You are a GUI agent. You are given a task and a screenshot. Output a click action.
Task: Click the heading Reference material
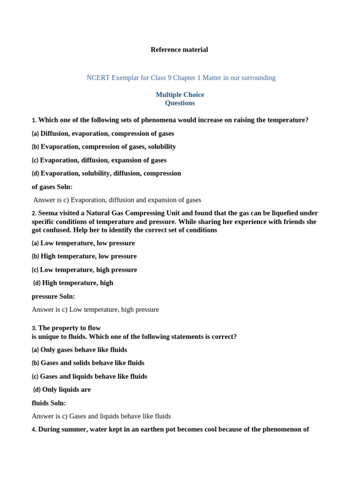coord(179,50)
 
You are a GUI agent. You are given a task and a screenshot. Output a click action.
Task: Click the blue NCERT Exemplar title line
coord(181,78)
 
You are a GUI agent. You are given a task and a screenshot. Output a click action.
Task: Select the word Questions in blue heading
coord(180,103)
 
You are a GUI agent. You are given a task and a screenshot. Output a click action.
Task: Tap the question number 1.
coord(34,120)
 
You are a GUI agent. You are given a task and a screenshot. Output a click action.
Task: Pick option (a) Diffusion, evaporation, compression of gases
coord(103,134)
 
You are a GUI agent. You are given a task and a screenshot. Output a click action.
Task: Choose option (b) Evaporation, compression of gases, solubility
coord(104,147)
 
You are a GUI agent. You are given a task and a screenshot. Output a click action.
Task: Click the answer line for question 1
coord(117,200)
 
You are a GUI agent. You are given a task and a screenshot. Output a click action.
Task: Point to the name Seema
coord(48,213)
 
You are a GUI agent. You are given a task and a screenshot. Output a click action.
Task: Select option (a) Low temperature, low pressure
coord(83,243)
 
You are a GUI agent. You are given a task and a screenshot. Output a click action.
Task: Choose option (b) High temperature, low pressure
coord(84,256)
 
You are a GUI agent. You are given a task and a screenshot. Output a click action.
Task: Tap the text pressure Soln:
coord(53,297)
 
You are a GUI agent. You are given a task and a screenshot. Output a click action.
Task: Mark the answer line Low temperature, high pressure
coord(95,310)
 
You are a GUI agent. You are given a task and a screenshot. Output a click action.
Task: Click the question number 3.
coord(34,329)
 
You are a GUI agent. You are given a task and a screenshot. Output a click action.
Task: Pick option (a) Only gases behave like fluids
coord(79,350)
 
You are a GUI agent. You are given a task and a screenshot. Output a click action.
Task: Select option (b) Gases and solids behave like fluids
coord(88,363)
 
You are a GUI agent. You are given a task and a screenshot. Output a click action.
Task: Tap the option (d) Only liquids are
coord(62,390)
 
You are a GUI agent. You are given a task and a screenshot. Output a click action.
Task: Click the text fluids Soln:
coord(49,403)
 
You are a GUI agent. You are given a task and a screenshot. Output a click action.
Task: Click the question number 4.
coord(34,430)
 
